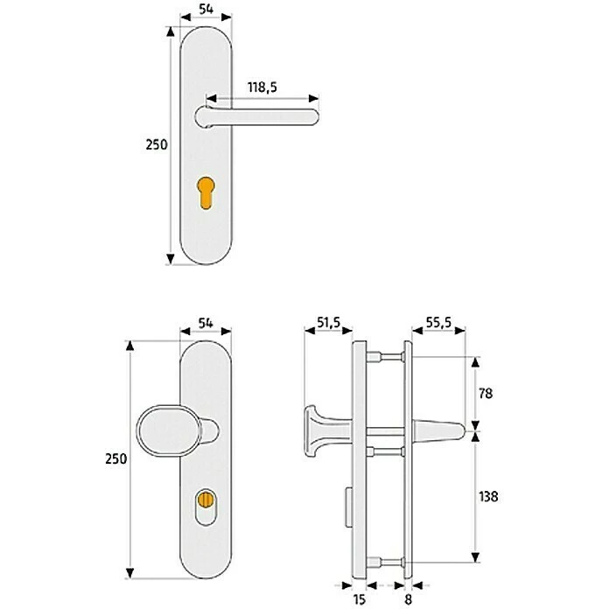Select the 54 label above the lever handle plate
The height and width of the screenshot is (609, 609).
[206, 8]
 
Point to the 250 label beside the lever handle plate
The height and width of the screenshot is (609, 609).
[156, 146]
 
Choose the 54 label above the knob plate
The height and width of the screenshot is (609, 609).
[206, 323]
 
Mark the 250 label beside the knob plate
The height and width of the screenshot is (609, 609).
[116, 458]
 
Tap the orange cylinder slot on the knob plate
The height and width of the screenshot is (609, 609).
[206, 500]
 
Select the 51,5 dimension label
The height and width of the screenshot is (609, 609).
[330, 323]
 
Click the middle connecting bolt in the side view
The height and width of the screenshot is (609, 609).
[382, 452]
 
